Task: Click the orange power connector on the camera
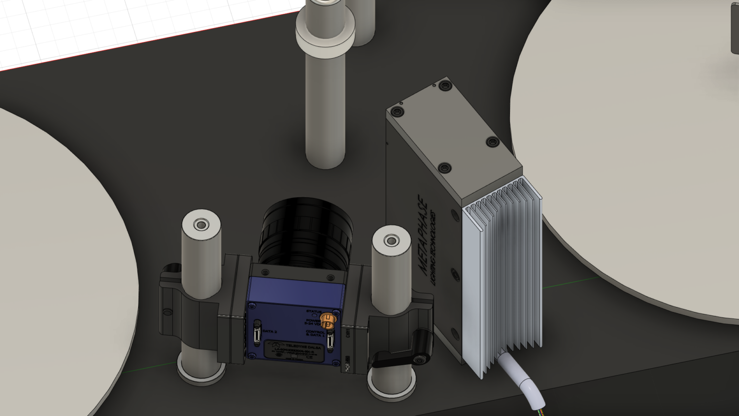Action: pyautogui.click(x=327, y=321)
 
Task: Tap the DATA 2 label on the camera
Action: pyautogui.click(x=269, y=331)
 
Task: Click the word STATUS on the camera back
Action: pyautogui.click(x=313, y=311)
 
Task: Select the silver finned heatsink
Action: pyautogui.click(x=503, y=276)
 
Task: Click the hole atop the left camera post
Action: pyautogui.click(x=201, y=225)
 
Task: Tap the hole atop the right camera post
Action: pyautogui.click(x=391, y=241)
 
